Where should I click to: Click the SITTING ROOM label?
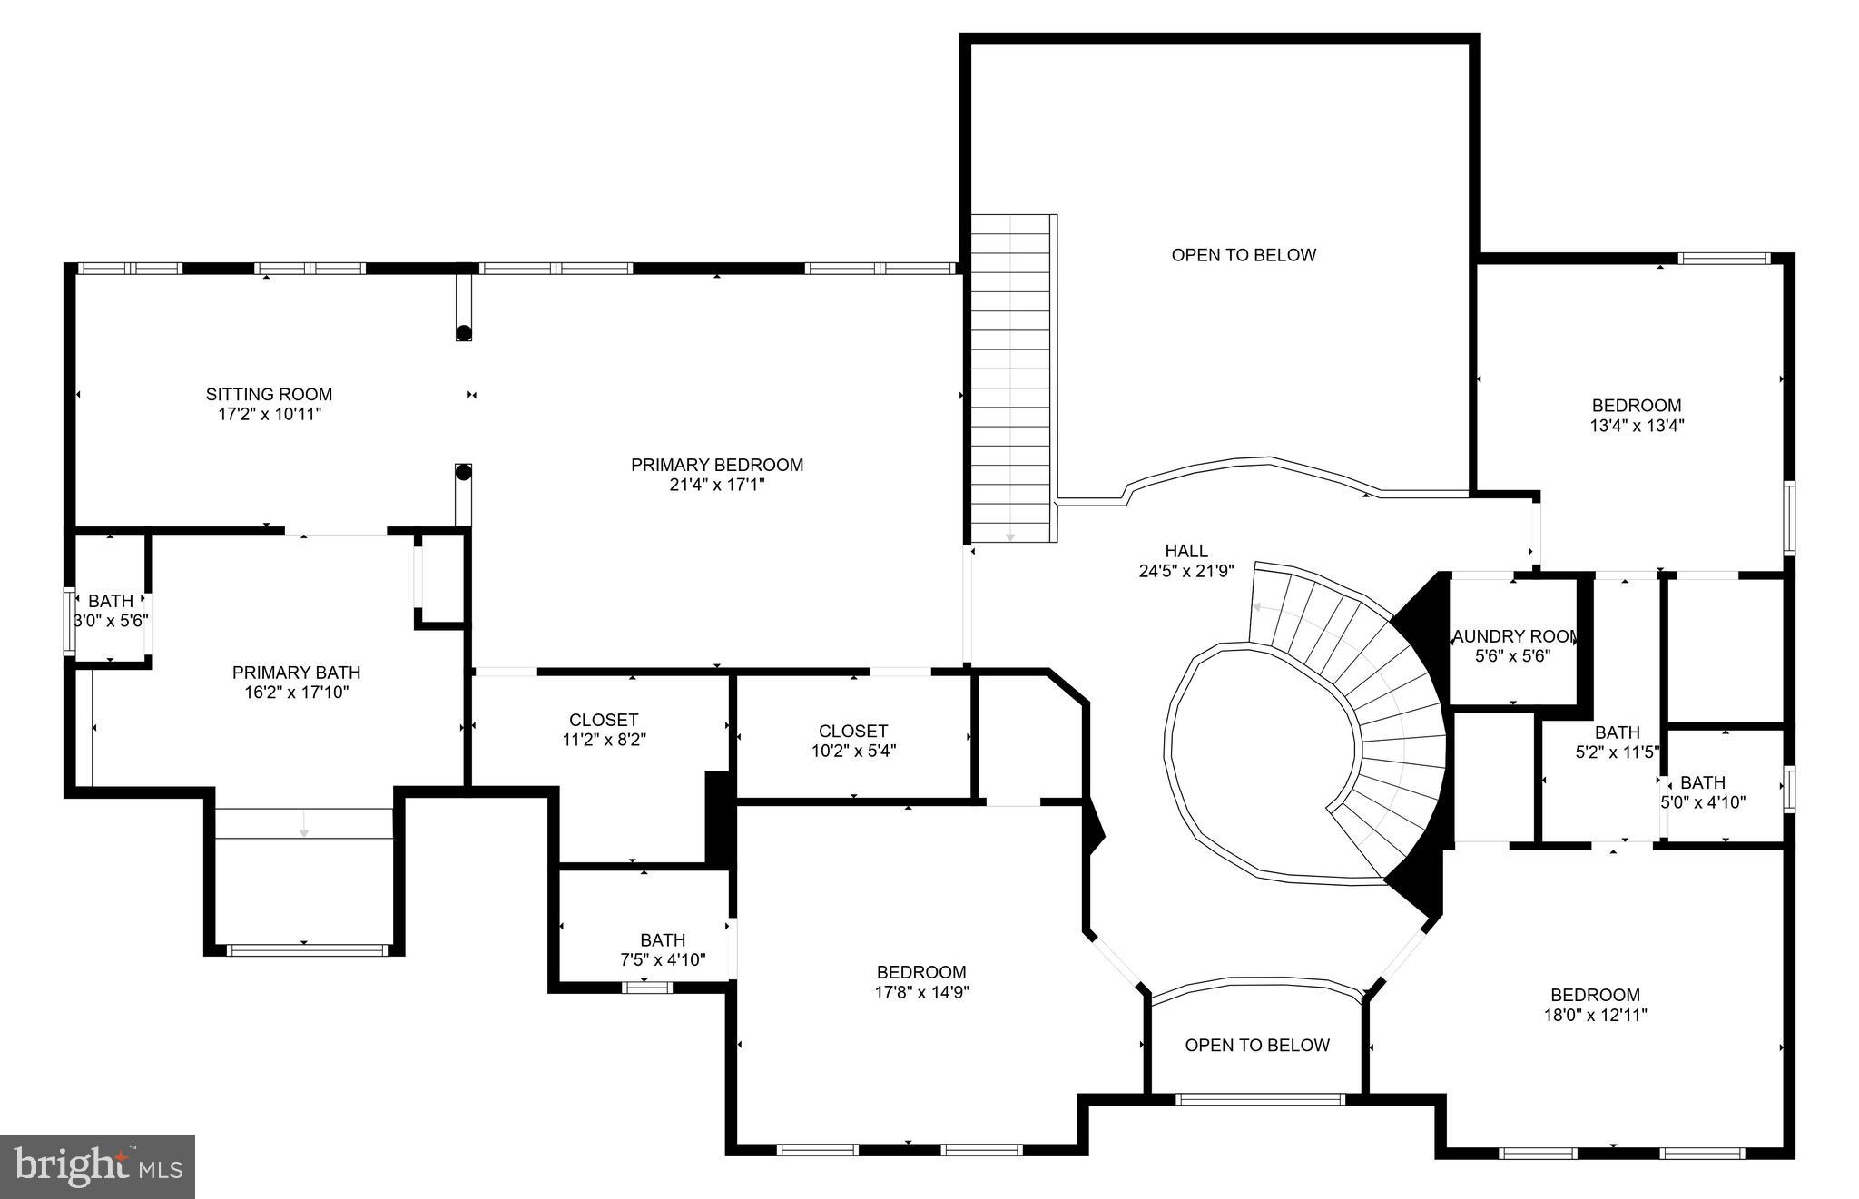tap(269, 394)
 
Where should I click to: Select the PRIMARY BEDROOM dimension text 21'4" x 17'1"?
tap(717, 485)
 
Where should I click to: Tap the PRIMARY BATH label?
tap(296, 673)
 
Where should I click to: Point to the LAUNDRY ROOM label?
tap(1513, 636)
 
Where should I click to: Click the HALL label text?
tap(1186, 551)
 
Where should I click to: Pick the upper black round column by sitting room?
tap(464, 332)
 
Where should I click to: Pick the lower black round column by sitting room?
tap(464, 472)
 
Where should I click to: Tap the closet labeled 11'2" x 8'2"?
tap(604, 730)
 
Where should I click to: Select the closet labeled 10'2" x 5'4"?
tap(853, 741)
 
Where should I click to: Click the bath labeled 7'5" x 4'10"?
tap(663, 949)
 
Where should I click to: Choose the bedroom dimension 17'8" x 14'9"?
tap(921, 992)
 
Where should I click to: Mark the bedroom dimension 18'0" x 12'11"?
tap(1595, 1015)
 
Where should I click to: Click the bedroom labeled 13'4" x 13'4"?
tap(1637, 415)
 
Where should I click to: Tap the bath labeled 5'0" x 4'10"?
tap(1703, 792)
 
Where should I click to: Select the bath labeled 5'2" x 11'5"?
tap(1617, 742)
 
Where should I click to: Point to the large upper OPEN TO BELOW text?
tap(1244, 255)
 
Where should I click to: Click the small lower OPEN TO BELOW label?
tap(1257, 1046)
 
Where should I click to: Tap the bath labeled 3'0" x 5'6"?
tap(111, 611)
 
